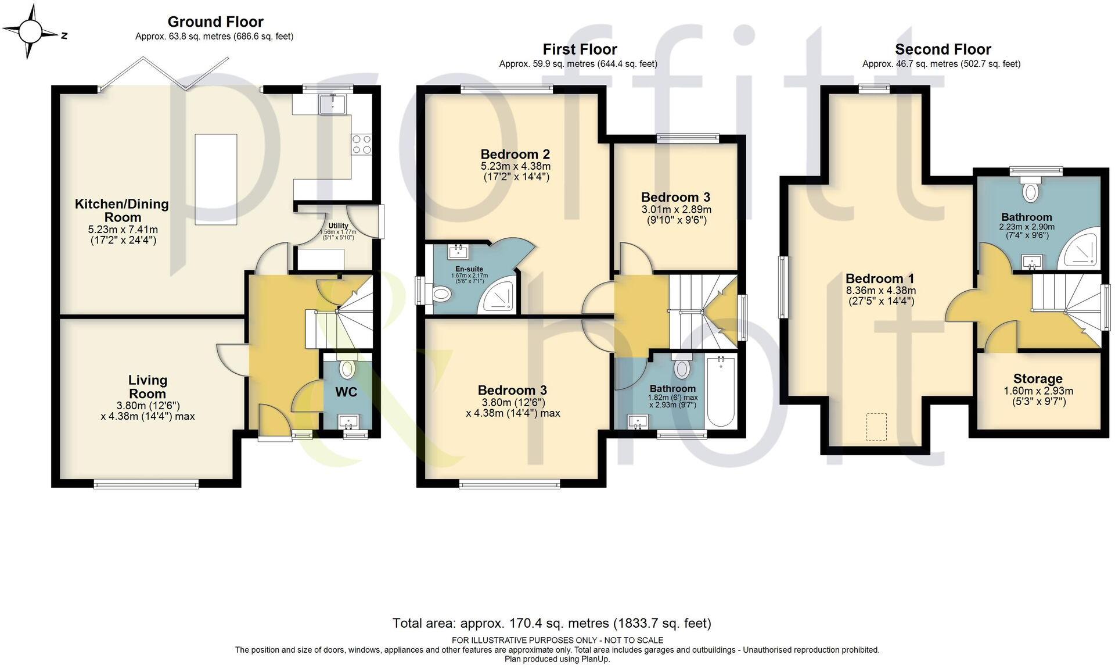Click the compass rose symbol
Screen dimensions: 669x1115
click(30, 32)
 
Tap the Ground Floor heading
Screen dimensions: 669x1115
click(215, 22)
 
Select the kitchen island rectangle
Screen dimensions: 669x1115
click(216, 179)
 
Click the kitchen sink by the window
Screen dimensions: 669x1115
click(332, 105)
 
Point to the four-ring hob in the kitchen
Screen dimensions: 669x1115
click(362, 144)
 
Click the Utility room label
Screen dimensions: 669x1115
click(338, 226)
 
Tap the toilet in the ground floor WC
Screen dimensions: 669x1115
click(347, 369)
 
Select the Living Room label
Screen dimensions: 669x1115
click(148, 387)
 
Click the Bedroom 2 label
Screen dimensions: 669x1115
click(515, 154)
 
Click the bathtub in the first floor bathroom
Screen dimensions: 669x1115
click(721, 392)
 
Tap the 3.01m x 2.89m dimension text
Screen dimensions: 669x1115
click(676, 209)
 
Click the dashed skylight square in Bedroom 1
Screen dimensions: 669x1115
click(876, 426)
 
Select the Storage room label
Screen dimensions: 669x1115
click(1038, 379)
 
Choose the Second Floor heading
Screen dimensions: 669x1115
click(943, 49)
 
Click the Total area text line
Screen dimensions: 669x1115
click(551, 623)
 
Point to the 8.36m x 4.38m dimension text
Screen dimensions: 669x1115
click(880, 290)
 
